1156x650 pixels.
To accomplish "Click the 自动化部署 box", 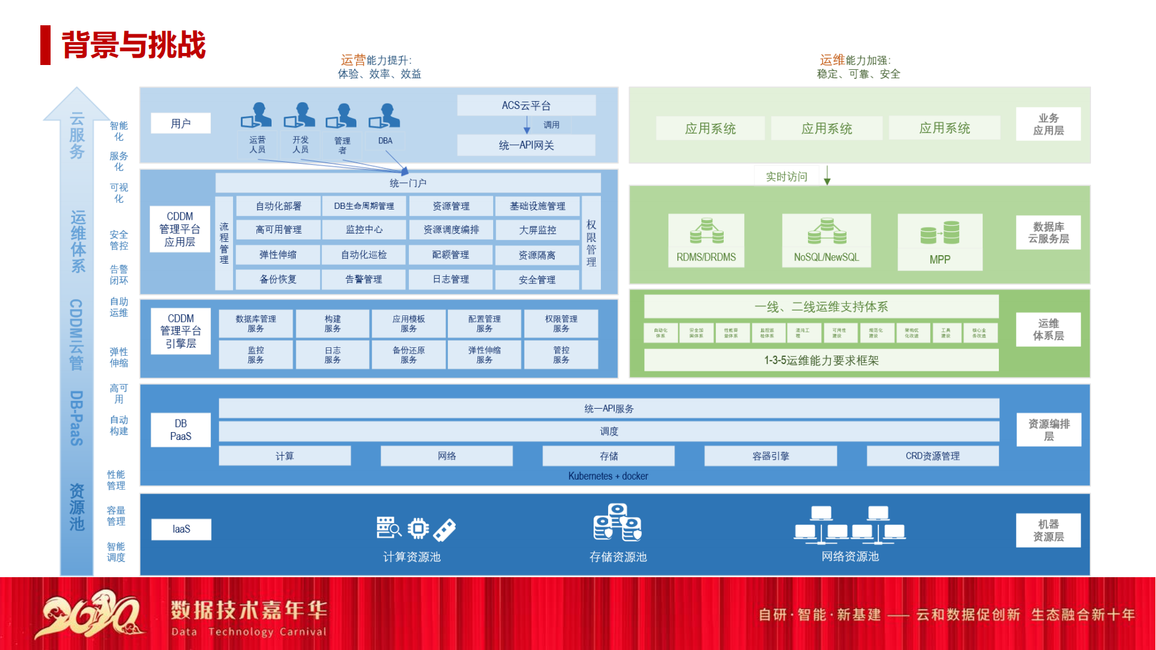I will tap(278, 206).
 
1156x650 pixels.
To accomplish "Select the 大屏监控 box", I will tap(537, 231).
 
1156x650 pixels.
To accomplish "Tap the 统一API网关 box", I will tap(526, 145).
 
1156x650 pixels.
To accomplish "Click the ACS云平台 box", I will tap(526, 105).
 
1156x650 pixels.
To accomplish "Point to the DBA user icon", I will tap(385, 116).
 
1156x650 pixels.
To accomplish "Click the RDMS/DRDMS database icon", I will tap(706, 232).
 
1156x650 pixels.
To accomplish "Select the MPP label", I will tap(939, 259).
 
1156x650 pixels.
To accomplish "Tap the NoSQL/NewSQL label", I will tap(826, 257).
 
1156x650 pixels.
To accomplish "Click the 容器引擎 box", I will tap(770, 456).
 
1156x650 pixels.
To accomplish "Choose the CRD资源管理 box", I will tap(932, 456).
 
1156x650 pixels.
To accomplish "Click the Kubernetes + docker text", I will tap(608, 476).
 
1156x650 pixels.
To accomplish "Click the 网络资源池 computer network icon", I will tap(850, 525).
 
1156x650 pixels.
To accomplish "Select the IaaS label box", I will tap(181, 529).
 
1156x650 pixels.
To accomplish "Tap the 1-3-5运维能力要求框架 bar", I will tap(821, 361).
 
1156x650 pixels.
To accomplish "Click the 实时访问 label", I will tap(786, 176).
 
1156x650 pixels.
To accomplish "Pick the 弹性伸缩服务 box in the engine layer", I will tap(484, 355).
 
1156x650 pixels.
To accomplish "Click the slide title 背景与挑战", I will tap(134, 45).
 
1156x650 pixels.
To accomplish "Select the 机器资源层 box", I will tap(1048, 530).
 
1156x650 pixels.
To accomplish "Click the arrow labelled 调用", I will tap(527, 125).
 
